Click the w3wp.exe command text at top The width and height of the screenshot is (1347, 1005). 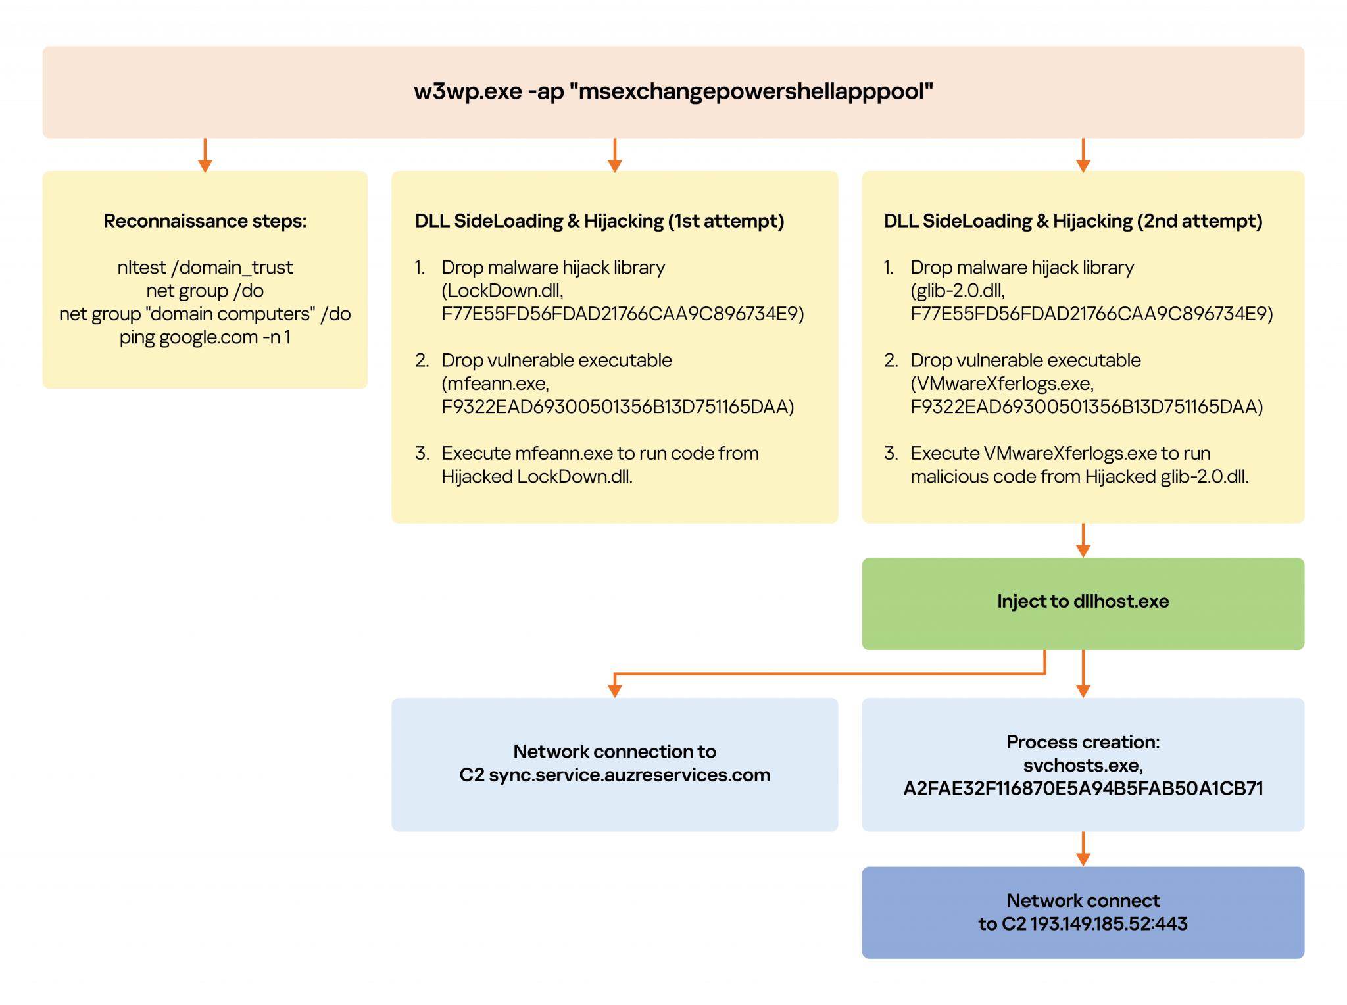tap(673, 91)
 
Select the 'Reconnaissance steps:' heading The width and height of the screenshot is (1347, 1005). tap(205, 221)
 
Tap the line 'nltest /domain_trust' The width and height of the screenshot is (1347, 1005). tap(205, 268)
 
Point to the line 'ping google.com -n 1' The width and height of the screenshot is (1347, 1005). tap(205, 337)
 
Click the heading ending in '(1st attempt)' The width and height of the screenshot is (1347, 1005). tap(599, 221)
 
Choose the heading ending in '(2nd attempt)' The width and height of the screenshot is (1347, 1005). tap(1073, 221)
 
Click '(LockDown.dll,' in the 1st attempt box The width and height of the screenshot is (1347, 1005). tap(502, 291)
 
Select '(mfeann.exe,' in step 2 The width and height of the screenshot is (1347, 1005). tap(495, 383)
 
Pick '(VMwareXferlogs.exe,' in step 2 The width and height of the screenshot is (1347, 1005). tap(1002, 383)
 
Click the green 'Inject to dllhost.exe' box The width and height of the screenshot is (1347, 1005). tap(1083, 602)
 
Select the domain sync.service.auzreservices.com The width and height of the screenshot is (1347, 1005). tap(629, 775)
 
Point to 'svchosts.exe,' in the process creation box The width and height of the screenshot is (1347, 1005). tap(1083, 766)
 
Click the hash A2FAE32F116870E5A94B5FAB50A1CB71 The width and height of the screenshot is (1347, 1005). tap(1083, 789)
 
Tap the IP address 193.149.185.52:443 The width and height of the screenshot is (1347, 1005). tap(1108, 924)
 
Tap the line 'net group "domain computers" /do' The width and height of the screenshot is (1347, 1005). tap(205, 314)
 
